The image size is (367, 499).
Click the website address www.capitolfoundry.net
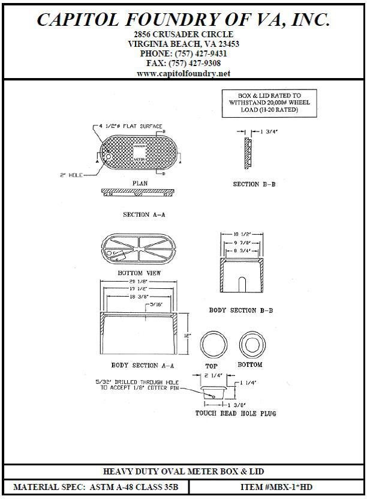pos(183,73)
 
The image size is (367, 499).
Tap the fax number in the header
pos(183,63)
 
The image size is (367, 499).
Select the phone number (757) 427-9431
pos(183,53)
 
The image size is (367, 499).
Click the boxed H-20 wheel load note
pos(263,103)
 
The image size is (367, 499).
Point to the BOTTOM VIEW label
pos(140,273)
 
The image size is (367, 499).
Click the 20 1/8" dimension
pos(139,281)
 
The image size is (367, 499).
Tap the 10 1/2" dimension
pos(242,234)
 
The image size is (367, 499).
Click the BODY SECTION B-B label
pos(241,310)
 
